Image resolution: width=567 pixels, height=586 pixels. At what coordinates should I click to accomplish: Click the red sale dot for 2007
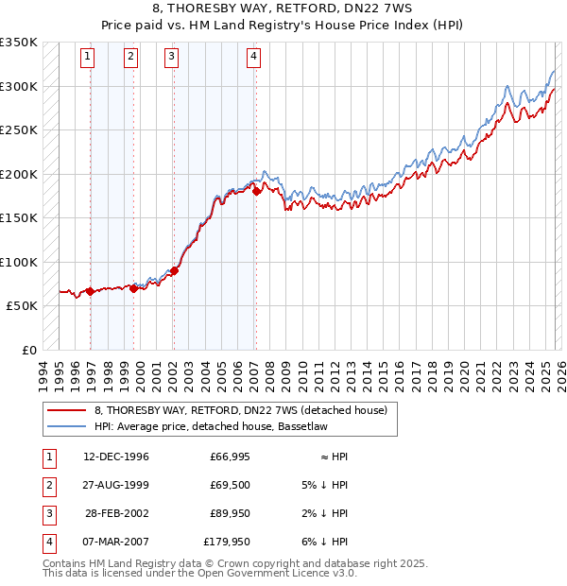point(256,192)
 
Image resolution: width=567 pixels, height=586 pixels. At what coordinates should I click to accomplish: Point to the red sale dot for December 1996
point(91,291)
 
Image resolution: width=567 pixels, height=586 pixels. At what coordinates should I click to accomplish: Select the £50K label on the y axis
point(23,306)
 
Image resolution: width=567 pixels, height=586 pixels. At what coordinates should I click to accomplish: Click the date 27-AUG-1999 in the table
point(116,486)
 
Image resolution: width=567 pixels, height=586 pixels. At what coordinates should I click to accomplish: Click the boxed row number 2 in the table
point(47,486)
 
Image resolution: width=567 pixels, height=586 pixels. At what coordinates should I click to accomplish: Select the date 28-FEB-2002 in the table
point(116,514)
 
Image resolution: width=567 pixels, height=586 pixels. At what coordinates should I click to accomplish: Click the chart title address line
point(284,9)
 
